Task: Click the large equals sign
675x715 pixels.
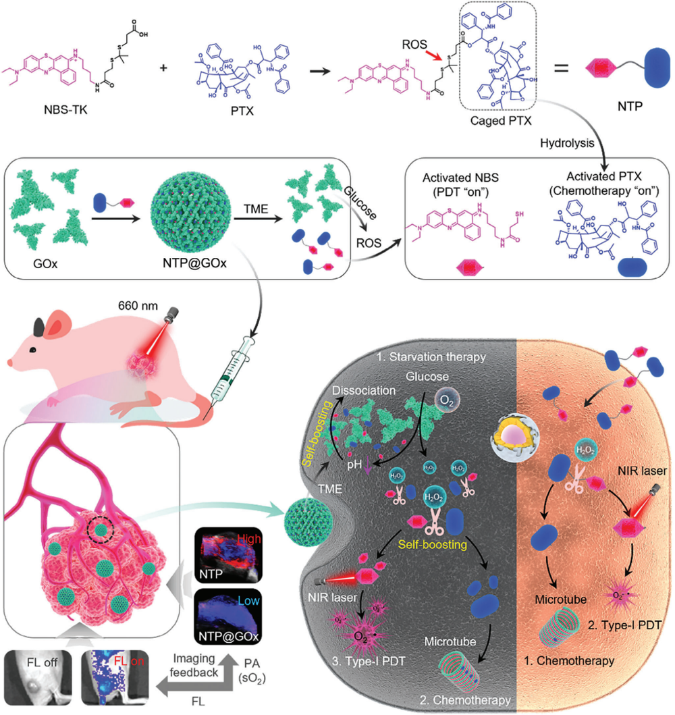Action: pyautogui.click(x=564, y=68)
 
